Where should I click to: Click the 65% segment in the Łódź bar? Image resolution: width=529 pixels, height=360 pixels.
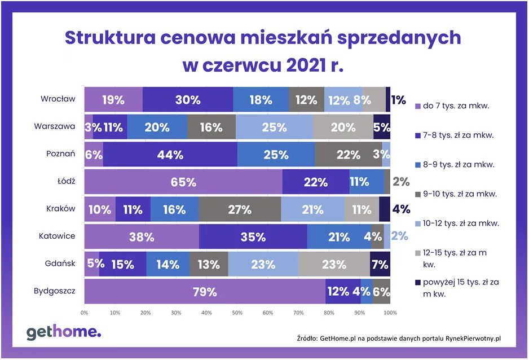click(183, 182)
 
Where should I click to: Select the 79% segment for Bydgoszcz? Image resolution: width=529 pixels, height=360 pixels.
click(205, 292)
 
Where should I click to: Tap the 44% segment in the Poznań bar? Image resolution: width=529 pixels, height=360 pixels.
click(170, 155)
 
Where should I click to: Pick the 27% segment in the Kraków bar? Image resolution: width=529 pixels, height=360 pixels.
click(240, 209)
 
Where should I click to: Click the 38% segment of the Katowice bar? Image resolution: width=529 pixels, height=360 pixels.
click(142, 237)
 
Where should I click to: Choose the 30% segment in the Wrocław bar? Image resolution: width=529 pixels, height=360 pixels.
click(188, 100)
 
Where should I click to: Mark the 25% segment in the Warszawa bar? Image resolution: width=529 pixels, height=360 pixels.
click(275, 127)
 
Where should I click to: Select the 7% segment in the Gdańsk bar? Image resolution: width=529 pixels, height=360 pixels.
click(380, 264)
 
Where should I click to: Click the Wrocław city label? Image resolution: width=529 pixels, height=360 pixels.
click(58, 99)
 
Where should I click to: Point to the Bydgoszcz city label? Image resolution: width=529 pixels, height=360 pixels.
click(54, 292)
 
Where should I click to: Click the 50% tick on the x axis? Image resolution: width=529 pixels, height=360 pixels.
click(237, 311)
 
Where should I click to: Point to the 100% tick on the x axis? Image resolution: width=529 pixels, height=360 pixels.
click(390, 311)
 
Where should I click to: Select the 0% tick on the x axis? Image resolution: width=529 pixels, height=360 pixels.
click(85, 311)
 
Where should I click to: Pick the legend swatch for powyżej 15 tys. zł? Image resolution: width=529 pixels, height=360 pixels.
click(418, 282)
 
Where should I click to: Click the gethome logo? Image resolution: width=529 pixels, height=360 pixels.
click(64, 332)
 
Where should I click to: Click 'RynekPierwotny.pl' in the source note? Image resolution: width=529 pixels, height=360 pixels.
click(469, 338)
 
